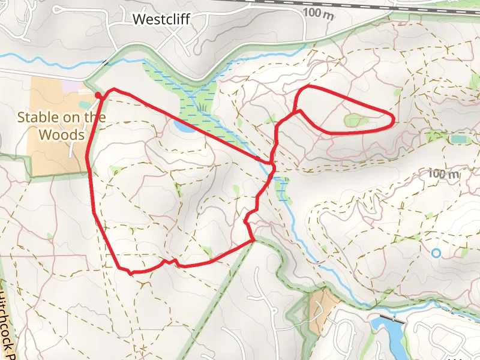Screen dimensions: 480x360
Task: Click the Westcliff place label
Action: [161, 19]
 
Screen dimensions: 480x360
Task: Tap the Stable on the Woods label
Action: [62, 125]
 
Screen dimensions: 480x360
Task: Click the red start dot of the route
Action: [98, 94]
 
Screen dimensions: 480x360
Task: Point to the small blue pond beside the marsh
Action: [183, 126]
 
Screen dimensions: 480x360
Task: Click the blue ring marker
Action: [436, 253]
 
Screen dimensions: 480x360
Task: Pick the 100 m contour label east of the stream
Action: [444, 175]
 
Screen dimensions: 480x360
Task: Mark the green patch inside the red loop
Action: [358, 121]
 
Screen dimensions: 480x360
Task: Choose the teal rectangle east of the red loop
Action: [459, 139]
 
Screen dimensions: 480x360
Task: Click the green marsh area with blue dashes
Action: [198, 102]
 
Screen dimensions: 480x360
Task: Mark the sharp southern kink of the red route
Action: [130, 273]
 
